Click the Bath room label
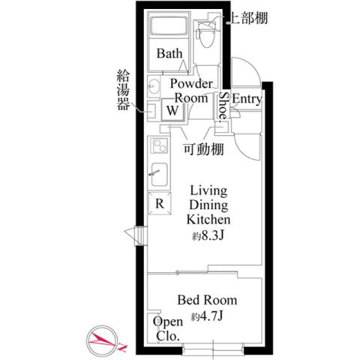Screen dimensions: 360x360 pyautogui.click(x=169, y=54)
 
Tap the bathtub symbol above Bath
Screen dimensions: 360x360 pyautogui.click(x=172, y=29)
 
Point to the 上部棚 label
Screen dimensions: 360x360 pyautogui.click(x=249, y=16)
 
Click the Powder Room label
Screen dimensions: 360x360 pyautogui.click(x=191, y=90)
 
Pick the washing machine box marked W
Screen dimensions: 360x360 pyautogui.click(x=172, y=109)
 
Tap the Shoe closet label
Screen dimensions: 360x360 pyautogui.click(x=223, y=105)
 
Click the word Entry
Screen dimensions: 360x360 pyautogui.click(x=247, y=99)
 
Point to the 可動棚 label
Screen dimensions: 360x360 pyautogui.click(x=205, y=148)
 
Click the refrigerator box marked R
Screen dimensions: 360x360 pyautogui.click(x=160, y=202)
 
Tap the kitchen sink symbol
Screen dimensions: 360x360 pyautogui.click(x=158, y=171)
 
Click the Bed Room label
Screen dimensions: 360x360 pyautogui.click(x=203, y=300)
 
